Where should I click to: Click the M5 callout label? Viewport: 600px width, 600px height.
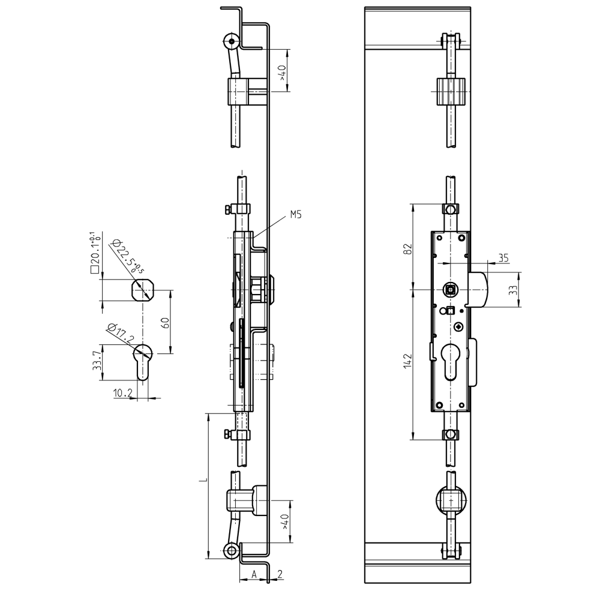tap(296, 214)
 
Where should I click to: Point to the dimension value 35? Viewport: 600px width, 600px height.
tap(503, 258)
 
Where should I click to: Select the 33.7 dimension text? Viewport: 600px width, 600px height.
tap(96, 362)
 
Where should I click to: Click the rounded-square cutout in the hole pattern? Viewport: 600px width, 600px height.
tap(143, 292)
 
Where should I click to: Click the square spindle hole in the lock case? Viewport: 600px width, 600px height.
tap(451, 290)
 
